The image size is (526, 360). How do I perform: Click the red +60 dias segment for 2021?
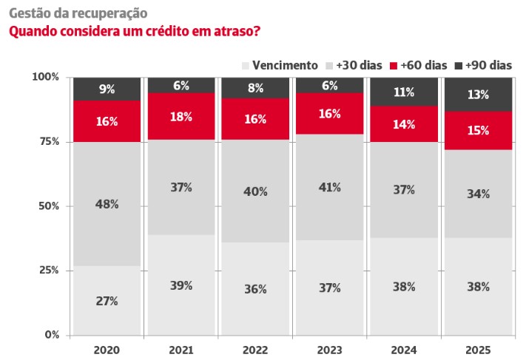[x=181, y=116]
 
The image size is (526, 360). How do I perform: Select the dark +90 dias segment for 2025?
[x=478, y=94]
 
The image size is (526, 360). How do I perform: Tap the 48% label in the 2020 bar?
[x=107, y=203]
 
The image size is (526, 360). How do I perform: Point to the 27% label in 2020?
[x=107, y=301]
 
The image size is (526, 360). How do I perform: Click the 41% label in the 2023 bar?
[x=330, y=187]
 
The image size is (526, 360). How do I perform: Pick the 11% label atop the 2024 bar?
[x=404, y=92]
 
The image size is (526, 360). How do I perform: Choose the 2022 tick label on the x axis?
[x=255, y=348]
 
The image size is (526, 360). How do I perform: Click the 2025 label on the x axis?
[x=478, y=348]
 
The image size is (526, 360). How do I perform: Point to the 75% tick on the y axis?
[x=50, y=141]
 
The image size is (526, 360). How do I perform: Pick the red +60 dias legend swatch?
[x=393, y=65]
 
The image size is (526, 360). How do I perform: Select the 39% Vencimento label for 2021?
[x=181, y=285]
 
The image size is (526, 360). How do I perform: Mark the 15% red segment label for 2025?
[x=478, y=131]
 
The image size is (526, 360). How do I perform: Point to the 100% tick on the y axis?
[x=47, y=77]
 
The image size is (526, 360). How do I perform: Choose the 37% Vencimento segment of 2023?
[x=330, y=288]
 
